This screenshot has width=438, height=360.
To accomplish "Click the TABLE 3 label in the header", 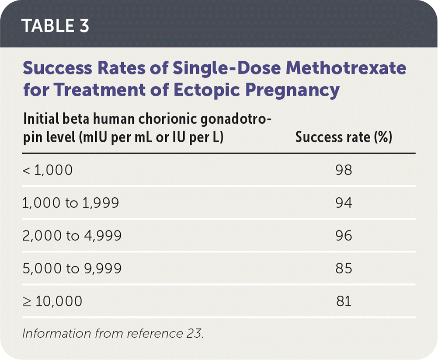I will pyautogui.click(x=55, y=26).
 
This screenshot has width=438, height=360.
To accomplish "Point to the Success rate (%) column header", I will pyautogui.click(x=344, y=137).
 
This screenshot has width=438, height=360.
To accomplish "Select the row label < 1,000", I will pyautogui.click(x=47, y=170).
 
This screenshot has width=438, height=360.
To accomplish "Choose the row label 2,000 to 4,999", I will pyautogui.click(x=72, y=235).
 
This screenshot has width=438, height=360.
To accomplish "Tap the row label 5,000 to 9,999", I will pyautogui.click(x=72, y=268).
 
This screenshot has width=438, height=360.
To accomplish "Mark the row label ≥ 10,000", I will pyautogui.click(x=52, y=301).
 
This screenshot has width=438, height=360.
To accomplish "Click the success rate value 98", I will pyautogui.click(x=344, y=170).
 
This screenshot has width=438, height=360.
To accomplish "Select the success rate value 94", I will pyautogui.click(x=344, y=203).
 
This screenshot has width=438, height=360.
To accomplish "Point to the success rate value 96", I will pyautogui.click(x=344, y=235).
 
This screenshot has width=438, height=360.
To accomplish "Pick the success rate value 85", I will pyautogui.click(x=344, y=268).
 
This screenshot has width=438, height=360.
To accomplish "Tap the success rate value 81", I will pyautogui.click(x=344, y=301).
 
